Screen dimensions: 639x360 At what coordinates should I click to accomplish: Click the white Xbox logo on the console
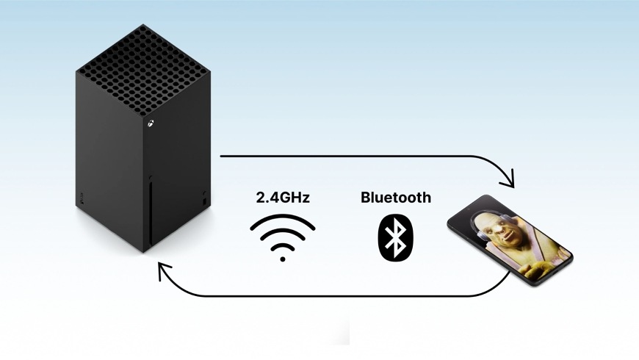[x=151, y=123]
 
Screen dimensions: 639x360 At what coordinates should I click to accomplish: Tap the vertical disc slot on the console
[x=151, y=214]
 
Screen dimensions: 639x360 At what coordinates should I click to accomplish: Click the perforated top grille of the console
[x=142, y=70]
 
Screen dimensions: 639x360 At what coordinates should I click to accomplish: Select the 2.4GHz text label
[x=283, y=198]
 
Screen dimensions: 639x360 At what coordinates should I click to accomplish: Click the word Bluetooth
[x=396, y=198]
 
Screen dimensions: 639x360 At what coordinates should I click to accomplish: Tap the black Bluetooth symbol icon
[x=396, y=237]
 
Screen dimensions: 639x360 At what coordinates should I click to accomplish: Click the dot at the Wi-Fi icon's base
[x=283, y=259]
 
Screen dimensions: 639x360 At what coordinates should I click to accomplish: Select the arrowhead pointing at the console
[x=163, y=270]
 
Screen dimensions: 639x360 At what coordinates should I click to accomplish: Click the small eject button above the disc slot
[x=151, y=178]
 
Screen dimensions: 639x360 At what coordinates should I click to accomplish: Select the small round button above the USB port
[x=204, y=192]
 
